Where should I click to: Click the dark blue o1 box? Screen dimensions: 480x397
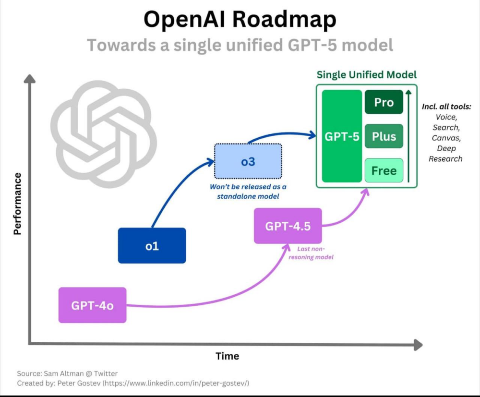pos(152,245)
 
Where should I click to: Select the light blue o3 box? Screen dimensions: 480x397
pos(248,161)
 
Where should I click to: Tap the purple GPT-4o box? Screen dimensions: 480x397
pos(93,305)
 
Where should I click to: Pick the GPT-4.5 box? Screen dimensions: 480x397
pos(288,226)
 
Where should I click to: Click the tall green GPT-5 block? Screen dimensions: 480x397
pos(342,136)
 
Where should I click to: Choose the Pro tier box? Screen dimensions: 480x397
pos(384,102)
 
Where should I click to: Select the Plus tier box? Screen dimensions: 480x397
pos(384,136)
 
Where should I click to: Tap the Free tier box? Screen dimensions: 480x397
pos(384,170)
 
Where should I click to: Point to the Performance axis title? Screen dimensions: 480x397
pos(17,204)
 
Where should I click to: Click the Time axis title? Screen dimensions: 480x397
pos(227,356)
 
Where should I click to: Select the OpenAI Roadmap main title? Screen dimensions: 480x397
pos(240,19)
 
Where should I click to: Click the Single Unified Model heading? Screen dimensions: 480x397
pos(366,75)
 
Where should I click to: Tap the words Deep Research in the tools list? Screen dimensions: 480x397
pos(446,154)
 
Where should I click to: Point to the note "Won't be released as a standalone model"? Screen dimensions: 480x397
pos(248,192)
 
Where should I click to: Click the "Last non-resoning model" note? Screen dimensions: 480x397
pos(311,253)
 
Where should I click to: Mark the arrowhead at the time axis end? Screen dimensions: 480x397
pos(418,345)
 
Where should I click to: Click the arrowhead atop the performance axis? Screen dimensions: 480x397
pos(29,79)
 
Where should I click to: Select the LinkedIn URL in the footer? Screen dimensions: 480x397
pos(176,383)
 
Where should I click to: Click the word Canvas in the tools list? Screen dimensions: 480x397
pos(446,138)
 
